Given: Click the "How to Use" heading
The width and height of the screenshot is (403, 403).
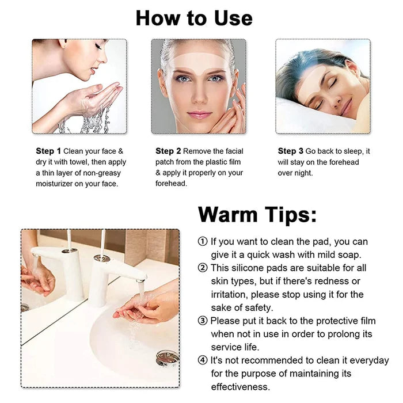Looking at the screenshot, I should click(194, 18).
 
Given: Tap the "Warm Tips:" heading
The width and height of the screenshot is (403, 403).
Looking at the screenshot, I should click(257, 215).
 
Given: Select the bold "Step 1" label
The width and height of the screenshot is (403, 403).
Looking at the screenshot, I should click(48, 151).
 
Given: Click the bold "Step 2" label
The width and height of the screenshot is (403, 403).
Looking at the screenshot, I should click(168, 151).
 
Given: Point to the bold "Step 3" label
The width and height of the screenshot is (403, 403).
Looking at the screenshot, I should click(291, 151).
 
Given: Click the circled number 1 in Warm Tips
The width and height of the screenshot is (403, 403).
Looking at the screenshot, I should click(203, 242).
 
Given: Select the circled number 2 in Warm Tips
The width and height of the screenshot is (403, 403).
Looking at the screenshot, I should click(203, 268).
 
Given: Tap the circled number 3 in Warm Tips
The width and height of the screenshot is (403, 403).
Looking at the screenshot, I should click(203, 321).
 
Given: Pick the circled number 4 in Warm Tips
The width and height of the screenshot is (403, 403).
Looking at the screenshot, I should click(203, 360).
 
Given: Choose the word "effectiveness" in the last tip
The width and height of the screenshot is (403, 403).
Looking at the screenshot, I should click(239, 387).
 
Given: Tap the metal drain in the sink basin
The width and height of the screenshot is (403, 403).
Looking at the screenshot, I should click(168, 358).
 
